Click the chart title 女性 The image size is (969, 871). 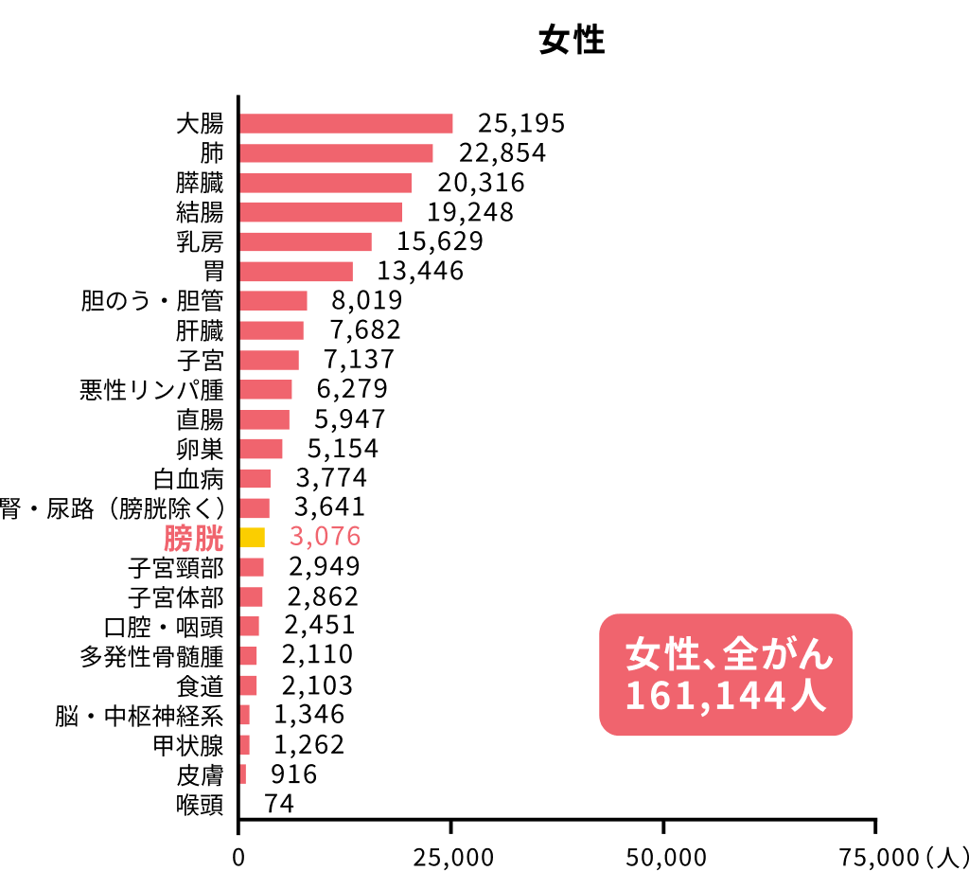click(x=571, y=42)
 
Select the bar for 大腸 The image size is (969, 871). click(x=345, y=124)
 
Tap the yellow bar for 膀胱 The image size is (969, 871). click(x=252, y=538)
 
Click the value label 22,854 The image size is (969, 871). click(x=502, y=153)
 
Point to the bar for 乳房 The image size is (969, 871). click(x=305, y=241)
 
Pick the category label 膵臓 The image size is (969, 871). click(x=200, y=183)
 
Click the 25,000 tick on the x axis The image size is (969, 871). click(x=451, y=857)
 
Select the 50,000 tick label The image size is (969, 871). click(x=664, y=857)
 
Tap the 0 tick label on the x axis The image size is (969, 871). click(x=238, y=857)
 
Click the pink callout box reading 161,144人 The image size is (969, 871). click(x=726, y=675)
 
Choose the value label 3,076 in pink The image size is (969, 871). click(x=326, y=537)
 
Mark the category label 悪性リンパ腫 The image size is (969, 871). click(x=151, y=389)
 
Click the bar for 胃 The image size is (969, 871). click(x=295, y=272)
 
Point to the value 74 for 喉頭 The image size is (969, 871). click(x=279, y=804)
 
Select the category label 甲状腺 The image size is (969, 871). click(x=188, y=745)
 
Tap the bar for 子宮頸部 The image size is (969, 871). click(x=252, y=567)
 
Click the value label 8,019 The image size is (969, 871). click(x=366, y=301)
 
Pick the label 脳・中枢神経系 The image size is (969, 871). click(x=139, y=715)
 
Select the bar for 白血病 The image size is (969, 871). click(x=255, y=478)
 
